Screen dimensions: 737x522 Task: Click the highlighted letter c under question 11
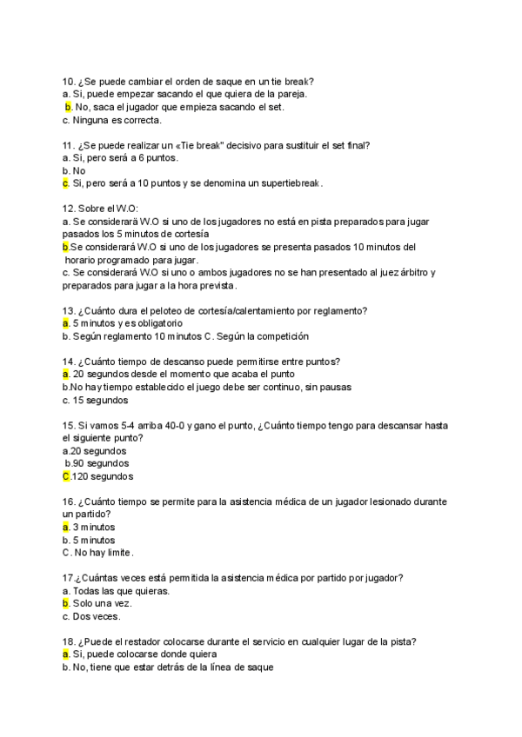[65, 183]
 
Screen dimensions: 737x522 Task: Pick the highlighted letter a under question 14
[65, 374]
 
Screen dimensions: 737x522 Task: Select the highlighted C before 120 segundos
[66, 477]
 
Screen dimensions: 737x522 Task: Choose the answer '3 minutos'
[94, 528]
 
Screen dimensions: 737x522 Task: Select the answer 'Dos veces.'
[97, 617]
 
